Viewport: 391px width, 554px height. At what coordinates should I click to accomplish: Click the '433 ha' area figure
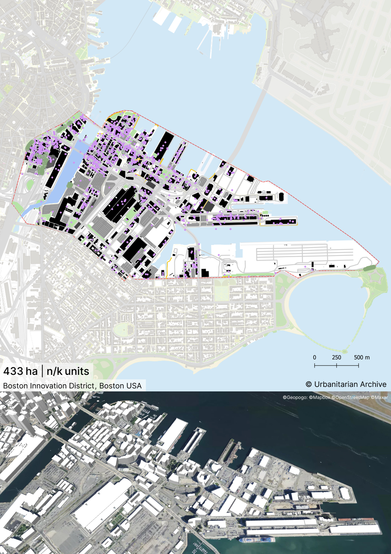[20, 371]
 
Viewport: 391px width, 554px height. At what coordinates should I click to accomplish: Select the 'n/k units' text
[68, 371]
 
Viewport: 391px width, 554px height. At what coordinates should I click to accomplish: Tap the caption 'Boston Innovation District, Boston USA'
[72, 386]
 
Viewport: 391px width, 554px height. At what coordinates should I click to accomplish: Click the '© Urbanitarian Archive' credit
[346, 384]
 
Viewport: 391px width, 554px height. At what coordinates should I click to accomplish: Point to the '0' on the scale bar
[315, 358]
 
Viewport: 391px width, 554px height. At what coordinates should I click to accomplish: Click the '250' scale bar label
[336, 358]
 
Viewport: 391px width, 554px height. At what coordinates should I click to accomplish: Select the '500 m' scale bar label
[362, 358]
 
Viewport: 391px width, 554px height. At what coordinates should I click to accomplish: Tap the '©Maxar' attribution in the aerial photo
[379, 397]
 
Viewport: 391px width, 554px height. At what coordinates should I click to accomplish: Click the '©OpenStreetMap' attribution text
[350, 397]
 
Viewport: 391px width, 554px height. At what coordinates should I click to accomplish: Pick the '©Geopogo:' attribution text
[295, 397]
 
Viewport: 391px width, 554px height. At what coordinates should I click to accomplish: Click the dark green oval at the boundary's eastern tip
[370, 268]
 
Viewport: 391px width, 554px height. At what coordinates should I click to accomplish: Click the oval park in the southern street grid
[124, 330]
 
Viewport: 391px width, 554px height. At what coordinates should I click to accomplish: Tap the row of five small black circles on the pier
[265, 216]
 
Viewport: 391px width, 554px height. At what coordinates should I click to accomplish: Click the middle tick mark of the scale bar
[336, 365]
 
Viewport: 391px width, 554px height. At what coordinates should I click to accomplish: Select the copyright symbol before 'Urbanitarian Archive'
[309, 384]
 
